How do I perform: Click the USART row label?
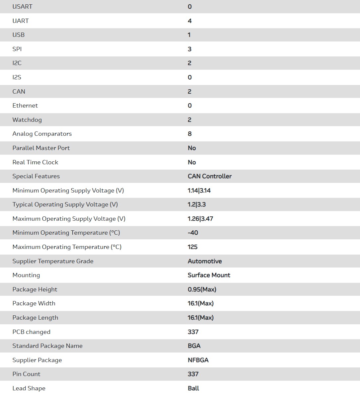pos(22,7)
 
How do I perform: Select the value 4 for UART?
pos(189,21)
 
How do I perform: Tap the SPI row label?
pos(17,49)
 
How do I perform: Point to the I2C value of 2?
pos(189,63)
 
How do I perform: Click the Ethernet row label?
pos(25,106)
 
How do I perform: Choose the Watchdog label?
pos(27,120)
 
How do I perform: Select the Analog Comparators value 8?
pos(189,134)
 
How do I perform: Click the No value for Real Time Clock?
pos(192,162)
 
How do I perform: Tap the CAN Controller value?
pos(209,176)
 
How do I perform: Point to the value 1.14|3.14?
pos(199,191)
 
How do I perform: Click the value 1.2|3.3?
pos(196,204)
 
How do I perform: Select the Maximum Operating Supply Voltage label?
pos(69,219)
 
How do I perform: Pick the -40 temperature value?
pos(193,233)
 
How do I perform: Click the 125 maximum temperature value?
pos(192,247)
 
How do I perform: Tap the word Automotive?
pos(205,261)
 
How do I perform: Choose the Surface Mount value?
pos(209,275)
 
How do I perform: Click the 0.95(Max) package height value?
pos(202,289)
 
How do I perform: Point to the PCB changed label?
pos(31,332)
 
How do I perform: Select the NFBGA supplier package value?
pos(198,360)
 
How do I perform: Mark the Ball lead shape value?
pos(193,388)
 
